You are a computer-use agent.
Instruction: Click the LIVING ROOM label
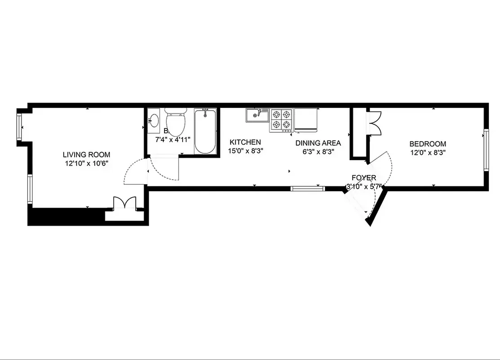tap(86, 154)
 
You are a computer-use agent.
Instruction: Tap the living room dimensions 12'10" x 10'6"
tap(86, 163)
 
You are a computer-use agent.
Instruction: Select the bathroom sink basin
tap(154, 120)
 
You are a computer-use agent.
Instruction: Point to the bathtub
tap(205, 131)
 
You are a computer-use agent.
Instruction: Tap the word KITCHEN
tap(245, 142)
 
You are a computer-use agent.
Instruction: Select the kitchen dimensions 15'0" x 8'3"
tap(245, 151)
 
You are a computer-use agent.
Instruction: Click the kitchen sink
tap(257, 115)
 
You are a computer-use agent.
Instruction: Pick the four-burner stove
tap(281, 120)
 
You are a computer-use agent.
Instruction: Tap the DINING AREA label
tap(318, 143)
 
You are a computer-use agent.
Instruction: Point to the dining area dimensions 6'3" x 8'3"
tap(318, 152)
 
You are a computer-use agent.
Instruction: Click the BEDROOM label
tap(428, 144)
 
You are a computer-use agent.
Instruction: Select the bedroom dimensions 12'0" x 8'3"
tap(428, 152)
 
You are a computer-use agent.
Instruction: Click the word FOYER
tap(364, 178)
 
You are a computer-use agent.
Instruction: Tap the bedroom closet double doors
tap(374, 123)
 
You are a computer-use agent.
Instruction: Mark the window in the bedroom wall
tap(486, 149)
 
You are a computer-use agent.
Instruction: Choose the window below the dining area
tap(308, 189)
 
